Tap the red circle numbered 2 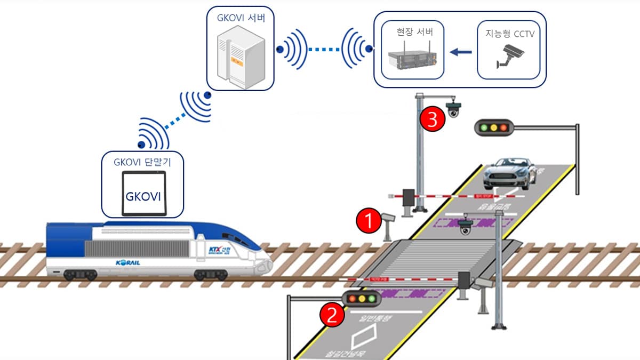pos(331,315)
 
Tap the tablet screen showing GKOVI pos(142,195)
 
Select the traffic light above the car pos(493,127)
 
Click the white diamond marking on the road pos(366,337)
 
